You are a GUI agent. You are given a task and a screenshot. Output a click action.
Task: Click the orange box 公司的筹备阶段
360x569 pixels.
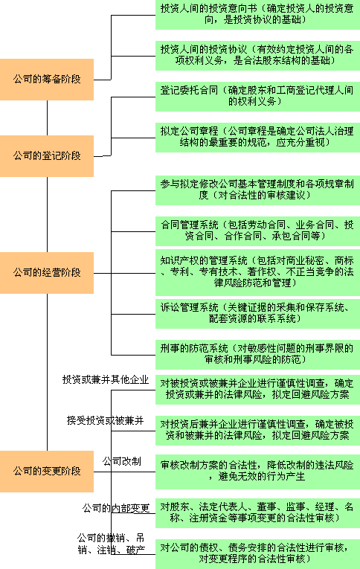tap(47, 80)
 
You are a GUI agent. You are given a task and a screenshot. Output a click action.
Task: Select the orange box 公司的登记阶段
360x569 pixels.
tap(47, 156)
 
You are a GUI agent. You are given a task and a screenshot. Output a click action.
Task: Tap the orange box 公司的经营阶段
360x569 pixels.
tap(47, 273)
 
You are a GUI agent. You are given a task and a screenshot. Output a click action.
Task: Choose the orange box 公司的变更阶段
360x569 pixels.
tap(47, 472)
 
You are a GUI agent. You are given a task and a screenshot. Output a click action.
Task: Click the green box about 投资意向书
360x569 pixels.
tap(257, 15)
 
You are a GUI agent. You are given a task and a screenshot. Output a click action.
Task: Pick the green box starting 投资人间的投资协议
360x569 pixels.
tap(257, 56)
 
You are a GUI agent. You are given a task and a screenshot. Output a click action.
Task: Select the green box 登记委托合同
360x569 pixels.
tap(257, 97)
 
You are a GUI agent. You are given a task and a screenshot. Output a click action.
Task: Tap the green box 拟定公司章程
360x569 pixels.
tap(257, 138)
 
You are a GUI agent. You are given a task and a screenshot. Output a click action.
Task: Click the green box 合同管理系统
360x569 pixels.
tap(257, 231)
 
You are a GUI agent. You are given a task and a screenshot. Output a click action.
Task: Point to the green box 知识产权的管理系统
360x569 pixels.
tap(257, 272)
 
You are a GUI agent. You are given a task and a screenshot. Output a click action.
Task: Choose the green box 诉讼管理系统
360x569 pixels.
tap(257, 314)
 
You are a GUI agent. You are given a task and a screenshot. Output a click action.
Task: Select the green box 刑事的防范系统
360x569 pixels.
tap(257, 355)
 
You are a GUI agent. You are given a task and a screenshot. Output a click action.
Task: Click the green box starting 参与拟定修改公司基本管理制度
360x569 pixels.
tap(257, 190)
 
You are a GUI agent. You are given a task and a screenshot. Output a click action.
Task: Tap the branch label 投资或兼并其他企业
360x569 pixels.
tap(106, 379)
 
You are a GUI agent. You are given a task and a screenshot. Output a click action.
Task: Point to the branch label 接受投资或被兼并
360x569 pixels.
tap(105, 420)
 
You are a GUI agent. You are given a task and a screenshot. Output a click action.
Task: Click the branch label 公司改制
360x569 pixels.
tap(121, 462)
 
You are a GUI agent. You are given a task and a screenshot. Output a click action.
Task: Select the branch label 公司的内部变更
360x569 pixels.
tap(116, 508)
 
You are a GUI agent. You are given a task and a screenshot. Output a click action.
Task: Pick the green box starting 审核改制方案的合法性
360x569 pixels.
tap(257, 472)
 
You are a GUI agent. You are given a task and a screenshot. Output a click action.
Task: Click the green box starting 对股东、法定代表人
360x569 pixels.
tap(257, 512)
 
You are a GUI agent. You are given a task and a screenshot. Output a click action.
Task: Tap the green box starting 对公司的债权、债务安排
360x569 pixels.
tap(257, 554)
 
